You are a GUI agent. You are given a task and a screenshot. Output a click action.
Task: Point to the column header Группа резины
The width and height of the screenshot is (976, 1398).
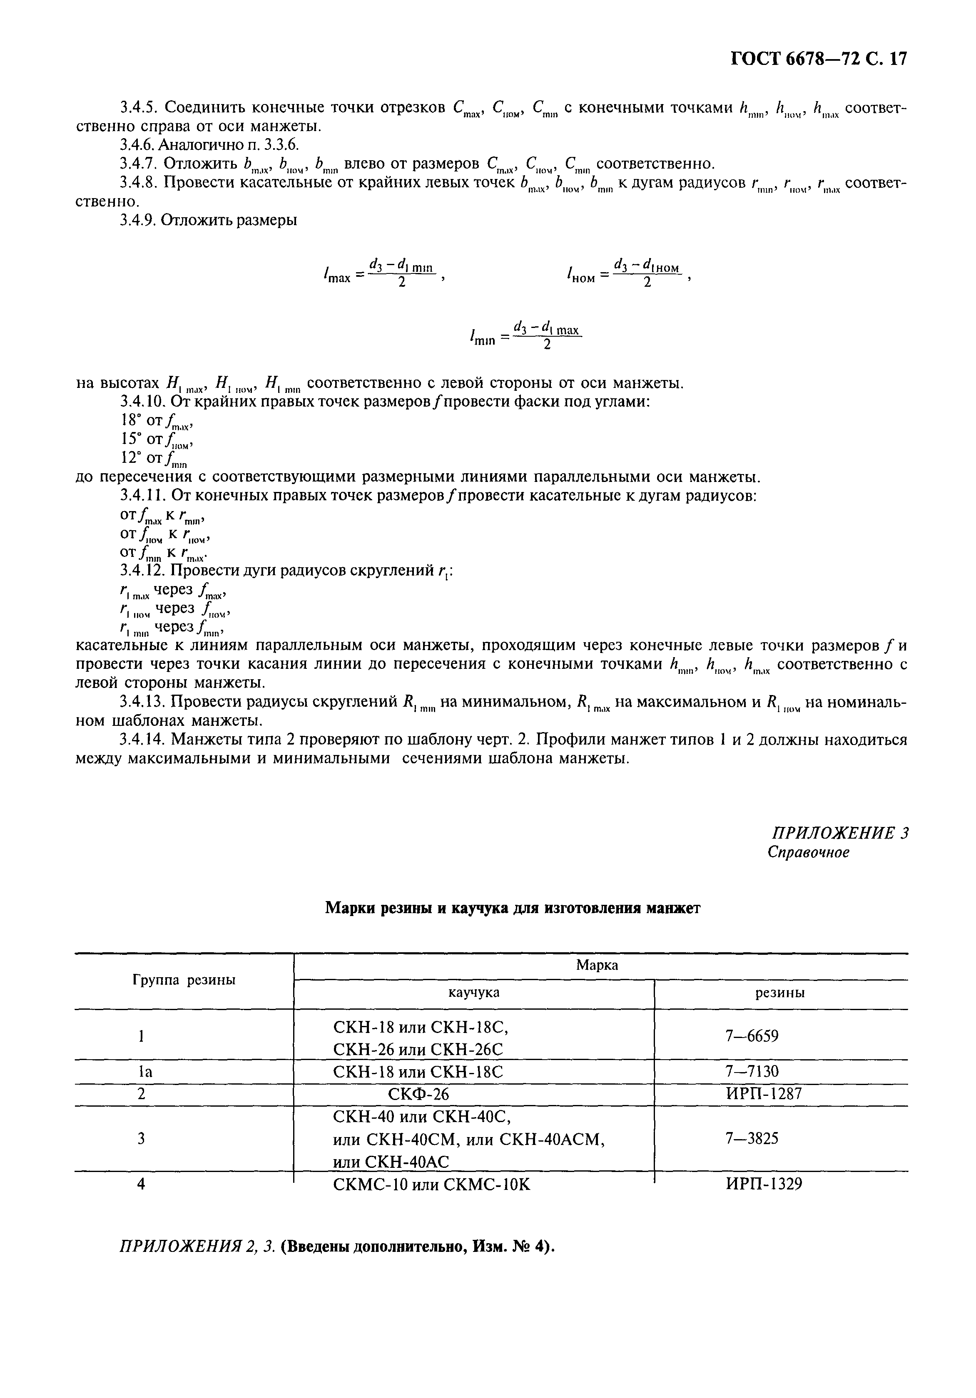(184, 980)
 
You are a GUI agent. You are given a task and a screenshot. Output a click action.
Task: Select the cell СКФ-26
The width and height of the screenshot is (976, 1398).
(418, 1095)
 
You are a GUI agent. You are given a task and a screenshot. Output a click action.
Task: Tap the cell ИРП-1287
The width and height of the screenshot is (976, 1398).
(764, 1094)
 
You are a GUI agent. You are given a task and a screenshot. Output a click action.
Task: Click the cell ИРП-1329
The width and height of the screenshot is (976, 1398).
(764, 1184)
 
